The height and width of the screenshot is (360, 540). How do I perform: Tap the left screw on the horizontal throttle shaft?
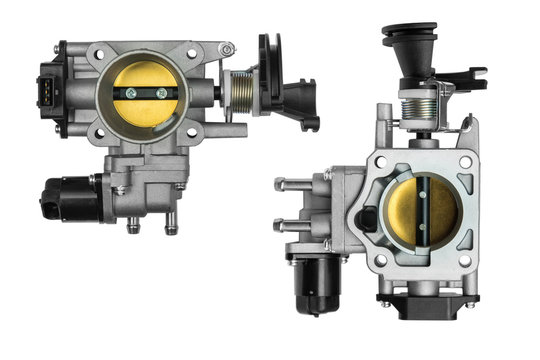[127, 94]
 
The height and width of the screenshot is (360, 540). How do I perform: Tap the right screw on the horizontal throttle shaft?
[162, 94]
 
